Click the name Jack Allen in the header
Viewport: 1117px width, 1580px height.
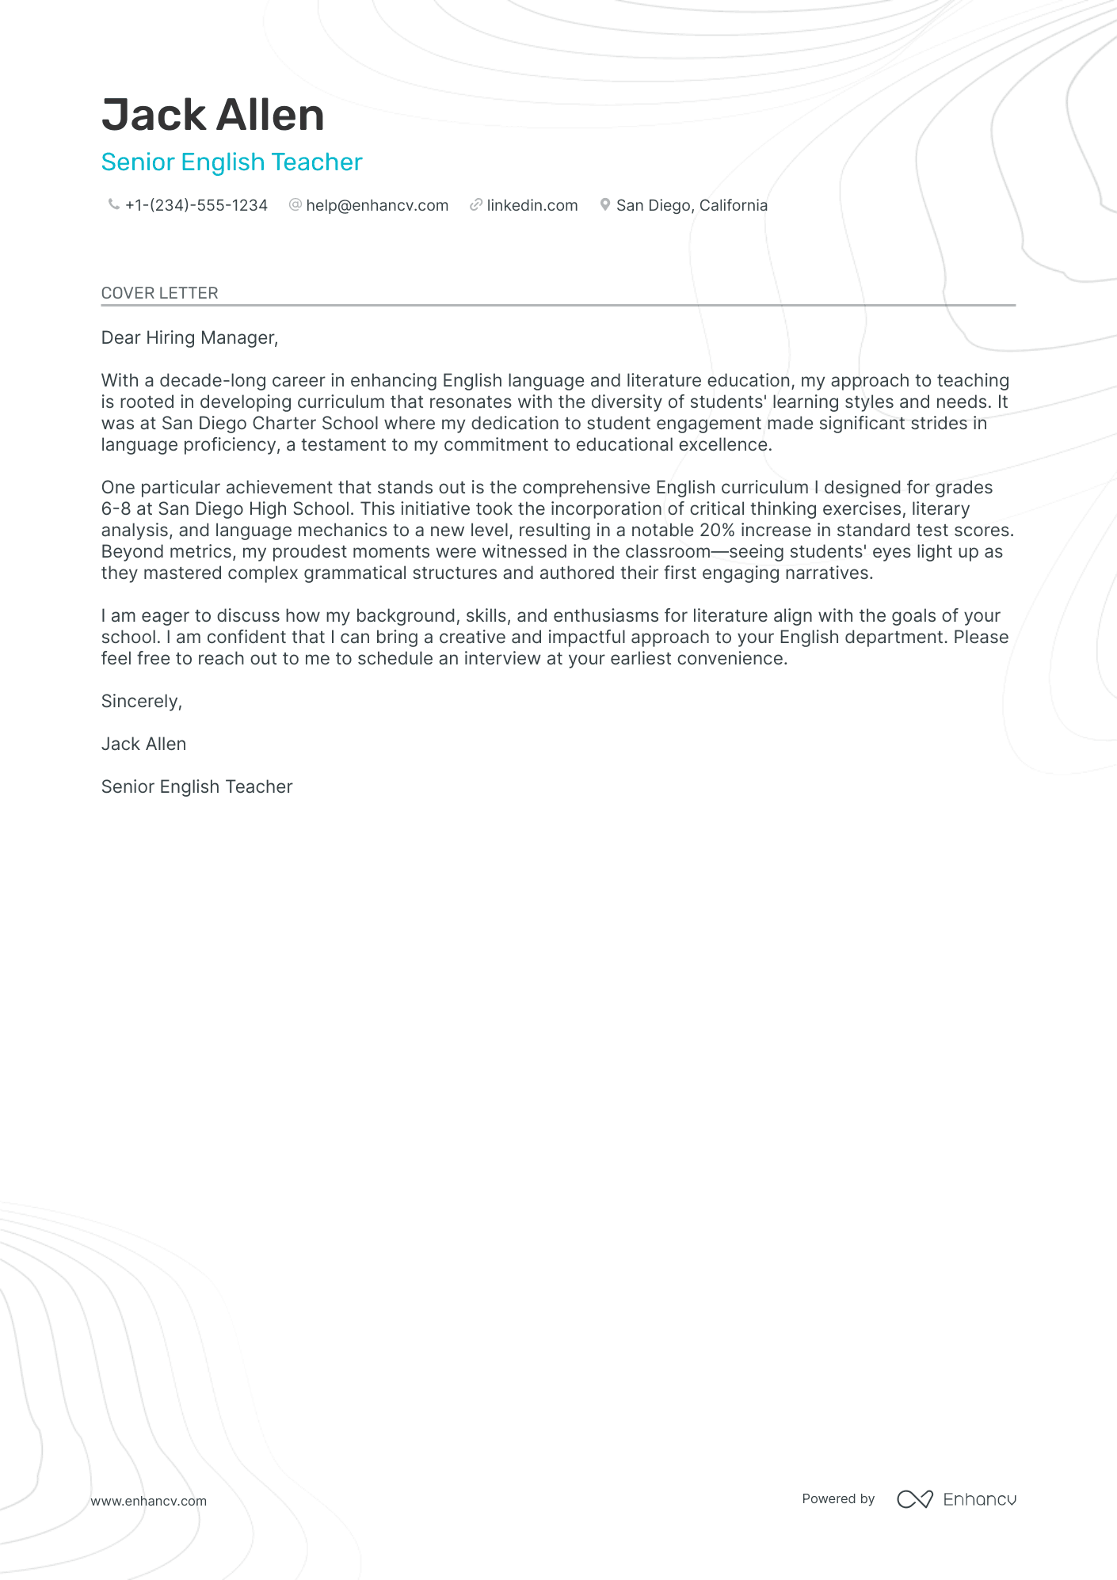(212, 116)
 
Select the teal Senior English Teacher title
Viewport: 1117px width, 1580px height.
(231, 162)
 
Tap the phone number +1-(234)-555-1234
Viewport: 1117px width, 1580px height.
(196, 206)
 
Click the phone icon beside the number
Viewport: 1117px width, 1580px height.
(113, 205)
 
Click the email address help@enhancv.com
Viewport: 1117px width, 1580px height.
(377, 206)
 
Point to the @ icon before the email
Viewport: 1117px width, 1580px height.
(295, 205)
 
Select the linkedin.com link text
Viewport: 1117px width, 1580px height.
(532, 206)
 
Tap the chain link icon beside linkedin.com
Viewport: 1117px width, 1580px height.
(475, 205)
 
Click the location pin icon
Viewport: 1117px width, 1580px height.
(604, 205)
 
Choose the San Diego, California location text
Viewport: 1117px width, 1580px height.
(692, 206)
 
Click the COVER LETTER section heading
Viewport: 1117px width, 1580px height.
(159, 293)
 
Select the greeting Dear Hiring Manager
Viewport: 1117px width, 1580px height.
(189, 338)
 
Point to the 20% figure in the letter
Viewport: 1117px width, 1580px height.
(717, 531)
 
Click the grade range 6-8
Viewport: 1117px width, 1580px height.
(116, 509)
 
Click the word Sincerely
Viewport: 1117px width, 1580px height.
(141, 702)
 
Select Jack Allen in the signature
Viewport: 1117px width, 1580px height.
(143, 744)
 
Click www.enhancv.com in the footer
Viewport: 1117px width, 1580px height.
(148, 1502)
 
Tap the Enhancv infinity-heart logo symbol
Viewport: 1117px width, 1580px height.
(914, 1499)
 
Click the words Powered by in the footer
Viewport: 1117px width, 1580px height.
(838, 1499)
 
